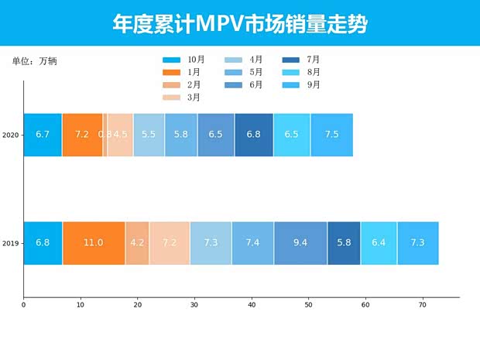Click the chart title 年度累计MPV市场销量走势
(x=239, y=24)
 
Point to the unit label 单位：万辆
(x=34, y=61)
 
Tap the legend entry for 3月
(x=183, y=97)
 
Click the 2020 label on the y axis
(x=11, y=135)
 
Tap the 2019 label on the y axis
(x=11, y=243)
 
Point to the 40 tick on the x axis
(x=252, y=306)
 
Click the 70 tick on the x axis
(x=423, y=306)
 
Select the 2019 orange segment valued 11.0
(x=94, y=243)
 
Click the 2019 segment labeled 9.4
(x=300, y=243)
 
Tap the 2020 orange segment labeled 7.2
(x=82, y=135)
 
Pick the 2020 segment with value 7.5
(x=331, y=135)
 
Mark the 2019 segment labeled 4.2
(x=137, y=243)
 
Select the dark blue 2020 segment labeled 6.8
(x=254, y=135)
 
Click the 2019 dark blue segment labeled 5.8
(x=344, y=243)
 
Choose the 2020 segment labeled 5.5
(x=149, y=135)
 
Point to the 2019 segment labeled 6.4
(x=379, y=243)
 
